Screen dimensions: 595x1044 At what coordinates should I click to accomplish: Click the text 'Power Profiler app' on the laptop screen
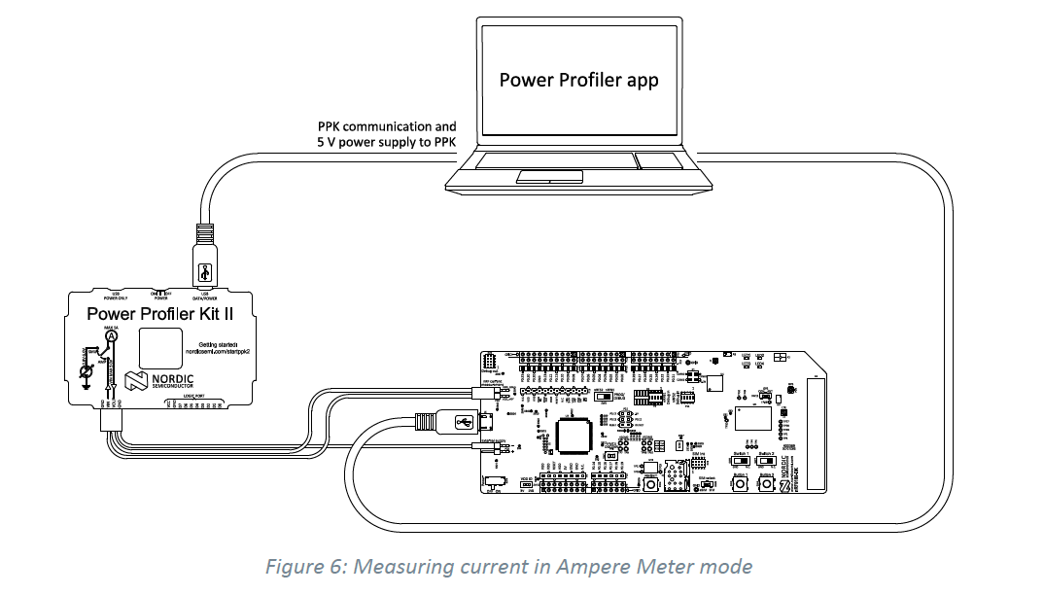click(578, 80)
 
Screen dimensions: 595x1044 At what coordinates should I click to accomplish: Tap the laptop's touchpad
click(550, 176)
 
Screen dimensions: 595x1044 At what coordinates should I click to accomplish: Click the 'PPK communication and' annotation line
click(386, 126)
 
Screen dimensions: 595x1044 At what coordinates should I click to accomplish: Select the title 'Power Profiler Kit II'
click(161, 313)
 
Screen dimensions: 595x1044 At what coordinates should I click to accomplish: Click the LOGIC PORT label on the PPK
click(200, 397)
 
